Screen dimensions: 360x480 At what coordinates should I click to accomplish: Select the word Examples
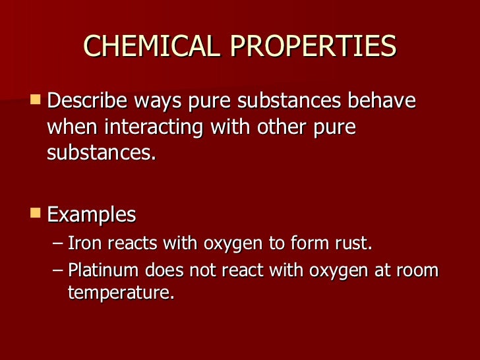92,214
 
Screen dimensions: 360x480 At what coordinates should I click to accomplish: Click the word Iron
82,244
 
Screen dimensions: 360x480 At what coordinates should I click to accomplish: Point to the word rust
355,244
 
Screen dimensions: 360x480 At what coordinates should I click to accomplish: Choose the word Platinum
102,272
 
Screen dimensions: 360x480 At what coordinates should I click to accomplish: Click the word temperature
121,293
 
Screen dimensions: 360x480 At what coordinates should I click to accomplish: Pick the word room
419,272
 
